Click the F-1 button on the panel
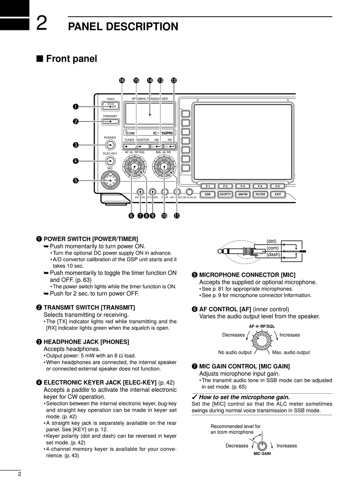(208, 186)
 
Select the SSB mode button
(208, 195)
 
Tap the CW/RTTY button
(225, 195)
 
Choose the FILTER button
(260, 195)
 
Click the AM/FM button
(243, 195)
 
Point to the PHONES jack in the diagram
(110, 145)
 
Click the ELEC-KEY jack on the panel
(110, 160)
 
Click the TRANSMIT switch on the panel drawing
(110, 122)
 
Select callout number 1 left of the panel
(75, 107)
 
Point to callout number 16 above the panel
(122, 80)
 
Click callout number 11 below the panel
(177, 216)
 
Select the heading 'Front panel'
(71, 59)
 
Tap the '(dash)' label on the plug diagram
(273, 255)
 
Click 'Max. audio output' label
(291, 352)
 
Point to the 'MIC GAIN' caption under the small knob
(262, 454)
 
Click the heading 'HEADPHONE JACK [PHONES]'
(86, 342)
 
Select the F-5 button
(278, 186)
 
